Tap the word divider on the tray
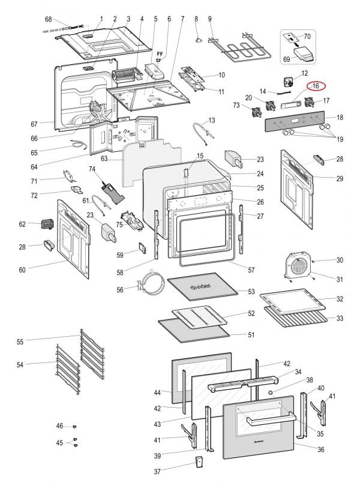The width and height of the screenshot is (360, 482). tap(201, 288)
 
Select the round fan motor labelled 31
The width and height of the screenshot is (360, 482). tap(298, 266)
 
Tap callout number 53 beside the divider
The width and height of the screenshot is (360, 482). tap(251, 292)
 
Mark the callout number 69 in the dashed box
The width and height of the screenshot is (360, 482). tap(287, 59)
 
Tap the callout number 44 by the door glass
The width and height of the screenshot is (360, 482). tap(157, 393)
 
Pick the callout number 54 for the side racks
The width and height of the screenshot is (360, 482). tap(20, 364)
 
